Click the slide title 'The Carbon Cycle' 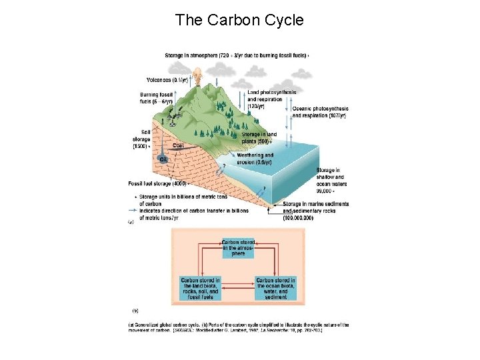click(x=239, y=20)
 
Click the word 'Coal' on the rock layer click(x=178, y=145)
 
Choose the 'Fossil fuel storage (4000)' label click(x=157, y=183)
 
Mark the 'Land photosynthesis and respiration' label click(x=271, y=98)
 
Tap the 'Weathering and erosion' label click(x=255, y=158)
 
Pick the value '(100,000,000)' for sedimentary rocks click(x=293, y=217)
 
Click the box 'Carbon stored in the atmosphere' click(x=238, y=247)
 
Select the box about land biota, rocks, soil click(x=200, y=289)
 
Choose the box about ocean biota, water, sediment click(x=275, y=289)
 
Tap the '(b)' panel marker click(x=135, y=310)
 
